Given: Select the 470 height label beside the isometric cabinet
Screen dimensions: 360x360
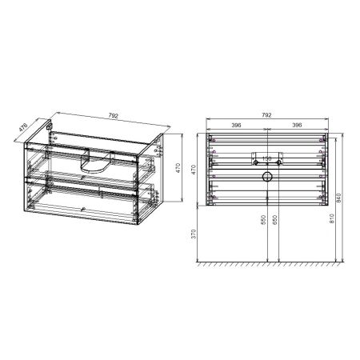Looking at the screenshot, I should pyautogui.click(x=182, y=169).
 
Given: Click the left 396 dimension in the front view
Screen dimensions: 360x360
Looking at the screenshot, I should pyautogui.click(x=237, y=126).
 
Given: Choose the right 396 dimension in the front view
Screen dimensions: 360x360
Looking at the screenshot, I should pyautogui.click(x=296, y=126).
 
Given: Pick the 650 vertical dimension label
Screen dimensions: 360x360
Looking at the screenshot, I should pyautogui.click(x=274, y=220).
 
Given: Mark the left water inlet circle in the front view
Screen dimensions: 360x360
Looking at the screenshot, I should pyautogui.click(x=255, y=157).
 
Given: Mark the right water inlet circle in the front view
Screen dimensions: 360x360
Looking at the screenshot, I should pyautogui.click(x=280, y=157).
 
